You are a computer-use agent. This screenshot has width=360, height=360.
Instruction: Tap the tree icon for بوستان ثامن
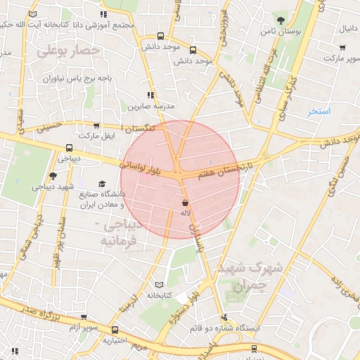click(282, 20)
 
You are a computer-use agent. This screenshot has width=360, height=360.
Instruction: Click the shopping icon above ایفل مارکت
click(96, 124)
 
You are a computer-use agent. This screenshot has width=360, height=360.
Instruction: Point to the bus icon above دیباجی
click(69, 148)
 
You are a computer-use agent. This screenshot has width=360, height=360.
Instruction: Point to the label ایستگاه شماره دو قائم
click(226, 328)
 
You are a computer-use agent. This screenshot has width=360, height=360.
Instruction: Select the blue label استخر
click(319, 111)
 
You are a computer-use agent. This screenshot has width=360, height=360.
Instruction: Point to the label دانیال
click(349, 29)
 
